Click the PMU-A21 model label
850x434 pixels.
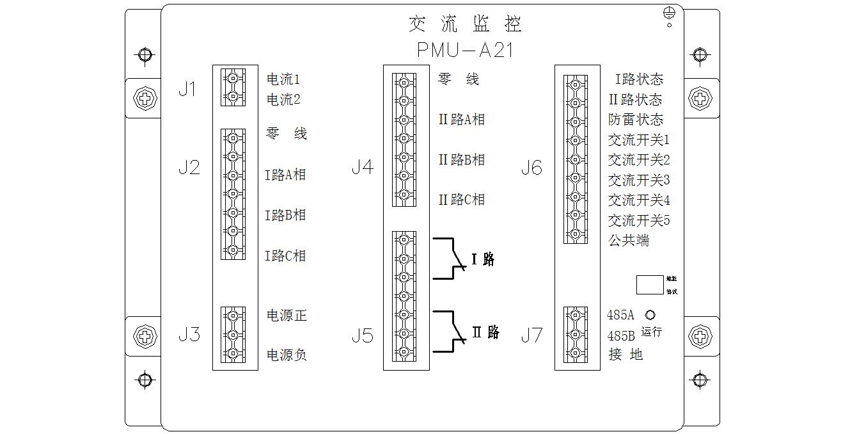click(x=465, y=50)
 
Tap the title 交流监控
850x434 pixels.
click(x=465, y=24)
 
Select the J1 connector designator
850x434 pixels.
click(x=187, y=89)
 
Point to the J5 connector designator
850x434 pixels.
click(x=362, y=335)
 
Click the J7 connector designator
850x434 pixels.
click(x=531, y=335)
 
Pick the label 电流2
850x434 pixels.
click(x=283, y=100)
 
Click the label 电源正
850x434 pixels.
click(x=287, y=315)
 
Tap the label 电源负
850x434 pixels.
click(x=287, y=355)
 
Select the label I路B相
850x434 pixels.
click(x=285, y=215)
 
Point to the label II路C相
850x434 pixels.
click(x=461, y=200)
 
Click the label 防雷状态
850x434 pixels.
click(x=636, y=120)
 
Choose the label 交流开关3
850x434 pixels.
click(x=638, y=180)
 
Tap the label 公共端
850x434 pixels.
click(x=628, y=241)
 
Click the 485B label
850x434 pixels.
click(x=620, y=335)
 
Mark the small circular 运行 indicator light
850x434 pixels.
click(x=650, y=315)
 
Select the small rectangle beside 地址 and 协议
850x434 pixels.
click(x=650, y=284)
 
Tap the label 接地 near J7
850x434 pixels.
click(x=626, y=354)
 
